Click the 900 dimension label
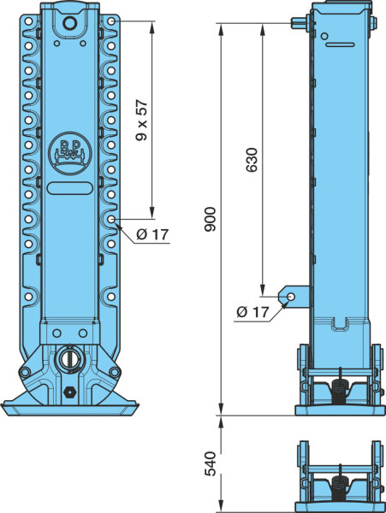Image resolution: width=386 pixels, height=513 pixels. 210,219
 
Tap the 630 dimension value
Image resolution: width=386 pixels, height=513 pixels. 252,160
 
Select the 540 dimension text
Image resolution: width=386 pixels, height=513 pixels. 210,464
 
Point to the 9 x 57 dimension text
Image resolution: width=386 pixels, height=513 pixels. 142,121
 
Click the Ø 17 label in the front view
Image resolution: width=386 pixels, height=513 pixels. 152,234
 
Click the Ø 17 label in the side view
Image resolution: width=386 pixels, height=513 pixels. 252,312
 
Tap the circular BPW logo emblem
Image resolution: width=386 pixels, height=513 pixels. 68,153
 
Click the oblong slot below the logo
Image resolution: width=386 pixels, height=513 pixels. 69,188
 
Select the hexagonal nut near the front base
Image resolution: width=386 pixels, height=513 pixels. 69,391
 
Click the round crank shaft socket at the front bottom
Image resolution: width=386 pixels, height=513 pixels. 69,359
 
